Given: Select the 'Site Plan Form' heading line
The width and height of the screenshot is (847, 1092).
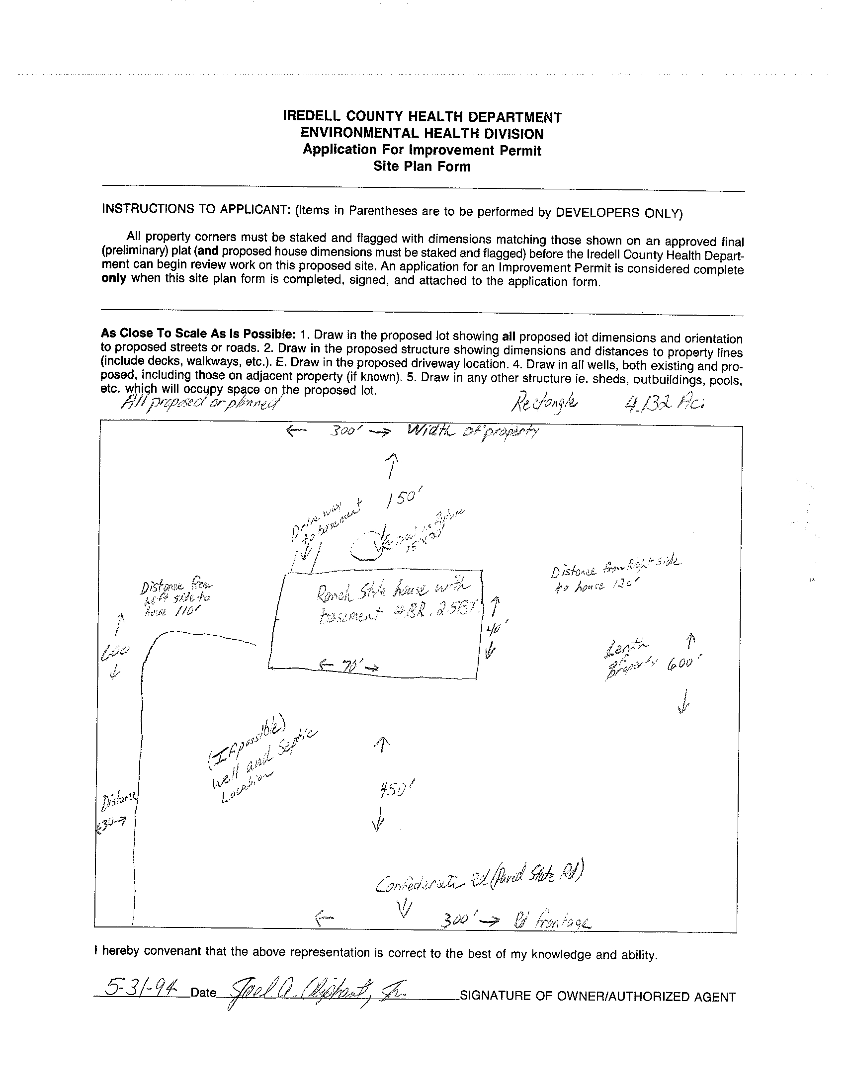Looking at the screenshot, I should (x=422, y=167).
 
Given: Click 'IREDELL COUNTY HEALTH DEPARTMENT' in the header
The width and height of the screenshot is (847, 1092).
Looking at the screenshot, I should (x=422, y=117).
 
